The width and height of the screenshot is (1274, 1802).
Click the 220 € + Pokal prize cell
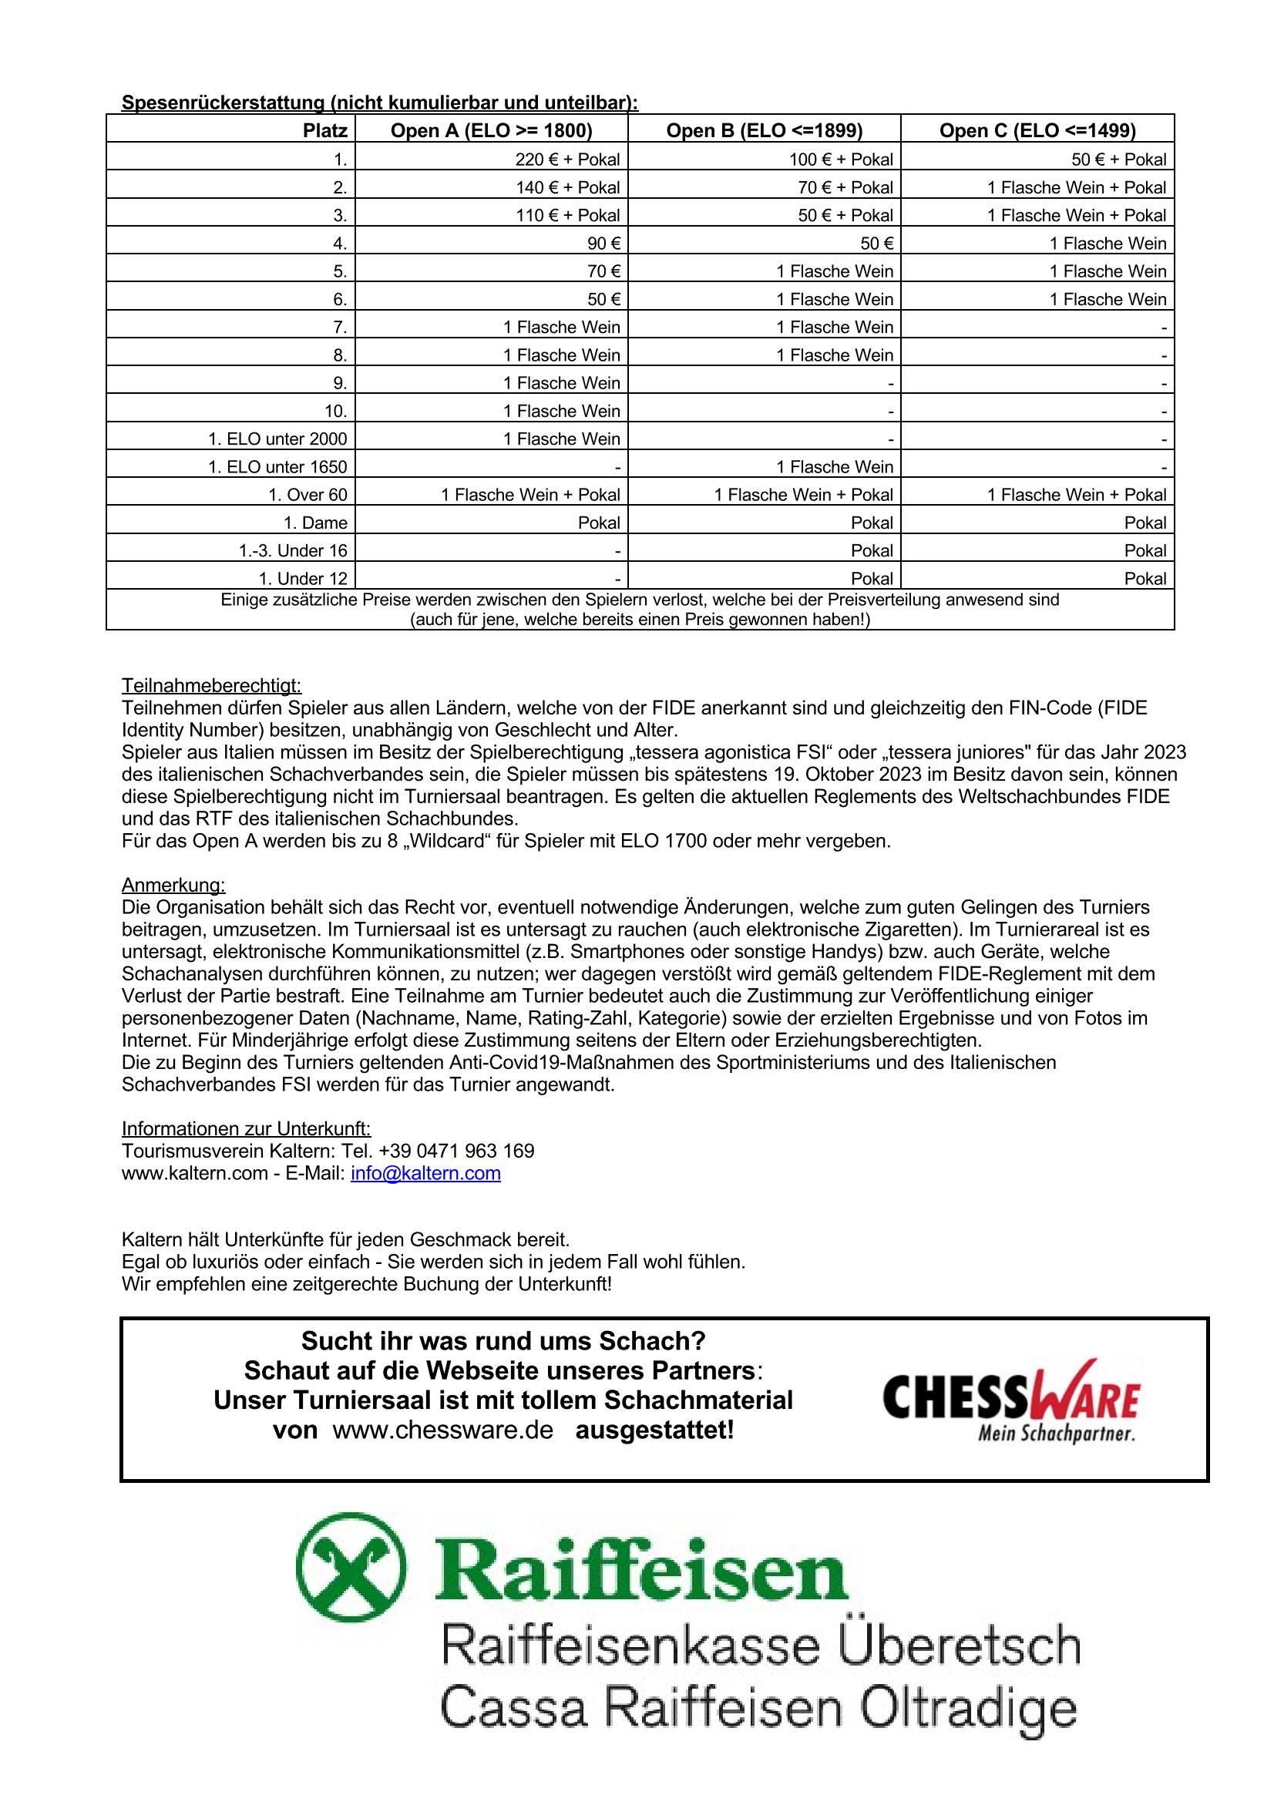pos(566,160)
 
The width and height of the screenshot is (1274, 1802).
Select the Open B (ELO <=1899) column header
pos(764,130)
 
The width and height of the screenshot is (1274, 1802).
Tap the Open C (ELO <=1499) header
pos(1037,130)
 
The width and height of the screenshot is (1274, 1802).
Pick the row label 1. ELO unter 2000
pos(277,439)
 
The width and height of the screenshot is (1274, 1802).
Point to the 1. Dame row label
pos(314,523)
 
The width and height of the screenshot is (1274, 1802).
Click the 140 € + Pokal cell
pos(566,187)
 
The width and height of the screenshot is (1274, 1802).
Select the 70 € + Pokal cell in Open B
pos(845,187)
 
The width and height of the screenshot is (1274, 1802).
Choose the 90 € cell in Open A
pos(603,244)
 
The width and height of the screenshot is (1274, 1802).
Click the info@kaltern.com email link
pos(425,1172)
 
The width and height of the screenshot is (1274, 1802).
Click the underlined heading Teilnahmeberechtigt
pos(211,685)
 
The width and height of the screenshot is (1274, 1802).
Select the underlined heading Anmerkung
pos(173,885)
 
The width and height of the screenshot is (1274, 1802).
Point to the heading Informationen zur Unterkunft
pos(246,1128)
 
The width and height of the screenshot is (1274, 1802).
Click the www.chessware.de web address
pos(443,1430)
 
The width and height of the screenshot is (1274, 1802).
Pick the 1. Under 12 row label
pos(303,578)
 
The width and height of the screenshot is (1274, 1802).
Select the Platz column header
pos(325,130)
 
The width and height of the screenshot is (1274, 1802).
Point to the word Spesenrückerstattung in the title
pos(223,103)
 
